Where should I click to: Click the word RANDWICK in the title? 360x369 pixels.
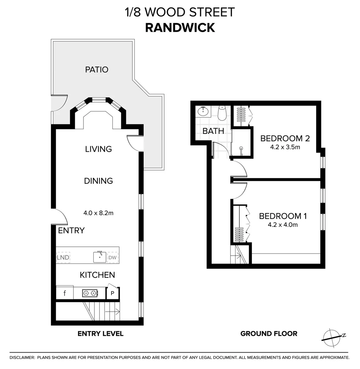pyautogui.click(x=180, y=28)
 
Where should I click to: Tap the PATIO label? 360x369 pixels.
pyautogui.click(x=96, y=70)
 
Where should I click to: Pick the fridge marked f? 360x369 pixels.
pyautogui.click(x=65, y=293)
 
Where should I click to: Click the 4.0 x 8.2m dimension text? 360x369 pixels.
pyautogui.click(x=98, y=213)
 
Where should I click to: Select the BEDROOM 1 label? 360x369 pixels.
pyautogui.click(x=283, y=216)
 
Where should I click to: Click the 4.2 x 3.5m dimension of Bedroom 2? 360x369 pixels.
pyautogui.click(x=285, y=148)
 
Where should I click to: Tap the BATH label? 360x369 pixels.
pyautogui.click(x=213, y=131)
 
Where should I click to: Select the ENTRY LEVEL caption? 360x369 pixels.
pyautogui.click(x=100, y=334)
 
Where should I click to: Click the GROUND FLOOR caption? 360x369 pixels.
pyautogui.click(x=269, y=334)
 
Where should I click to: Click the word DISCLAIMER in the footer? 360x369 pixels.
pyautogui.click(x=22, y=358)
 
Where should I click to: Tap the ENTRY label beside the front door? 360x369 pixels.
pyautogui.click(x=71, y=231)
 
